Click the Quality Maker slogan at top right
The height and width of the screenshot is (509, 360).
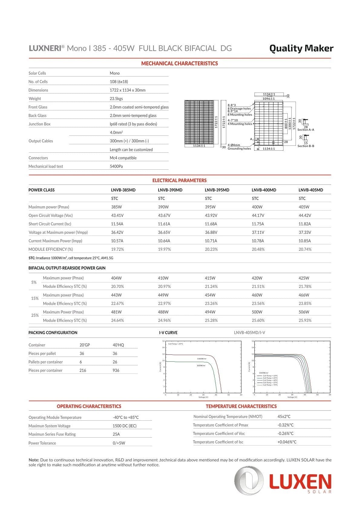coord(301,48)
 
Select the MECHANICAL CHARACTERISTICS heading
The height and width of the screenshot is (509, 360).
coord(179,64)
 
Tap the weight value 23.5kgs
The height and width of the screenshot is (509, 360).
coord(116,99)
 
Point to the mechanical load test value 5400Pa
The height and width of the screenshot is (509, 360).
coord(116,166)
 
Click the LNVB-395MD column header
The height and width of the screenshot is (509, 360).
coord(217,190)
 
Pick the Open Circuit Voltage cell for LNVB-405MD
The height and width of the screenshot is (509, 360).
coord(305,215)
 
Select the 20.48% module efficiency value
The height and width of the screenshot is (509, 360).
coord(258,249)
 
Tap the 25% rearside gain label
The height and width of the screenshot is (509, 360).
coord(35,315)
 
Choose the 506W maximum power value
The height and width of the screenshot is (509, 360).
coord(304,312)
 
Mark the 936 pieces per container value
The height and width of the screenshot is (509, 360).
coord(116,370)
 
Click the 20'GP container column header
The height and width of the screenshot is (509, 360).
coord(85,345)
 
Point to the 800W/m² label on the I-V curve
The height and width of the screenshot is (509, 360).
coord(201,365)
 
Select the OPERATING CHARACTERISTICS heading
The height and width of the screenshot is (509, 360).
coord(89,406)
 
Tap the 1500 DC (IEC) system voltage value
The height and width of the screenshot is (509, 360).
coord(124,426)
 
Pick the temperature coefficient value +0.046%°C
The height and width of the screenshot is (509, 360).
coord(287,442)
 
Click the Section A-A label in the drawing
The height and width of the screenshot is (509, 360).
coord(306,130)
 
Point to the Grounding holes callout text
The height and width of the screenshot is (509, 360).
coord(239,148)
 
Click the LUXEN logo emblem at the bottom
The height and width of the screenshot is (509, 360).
coord(249,480)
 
